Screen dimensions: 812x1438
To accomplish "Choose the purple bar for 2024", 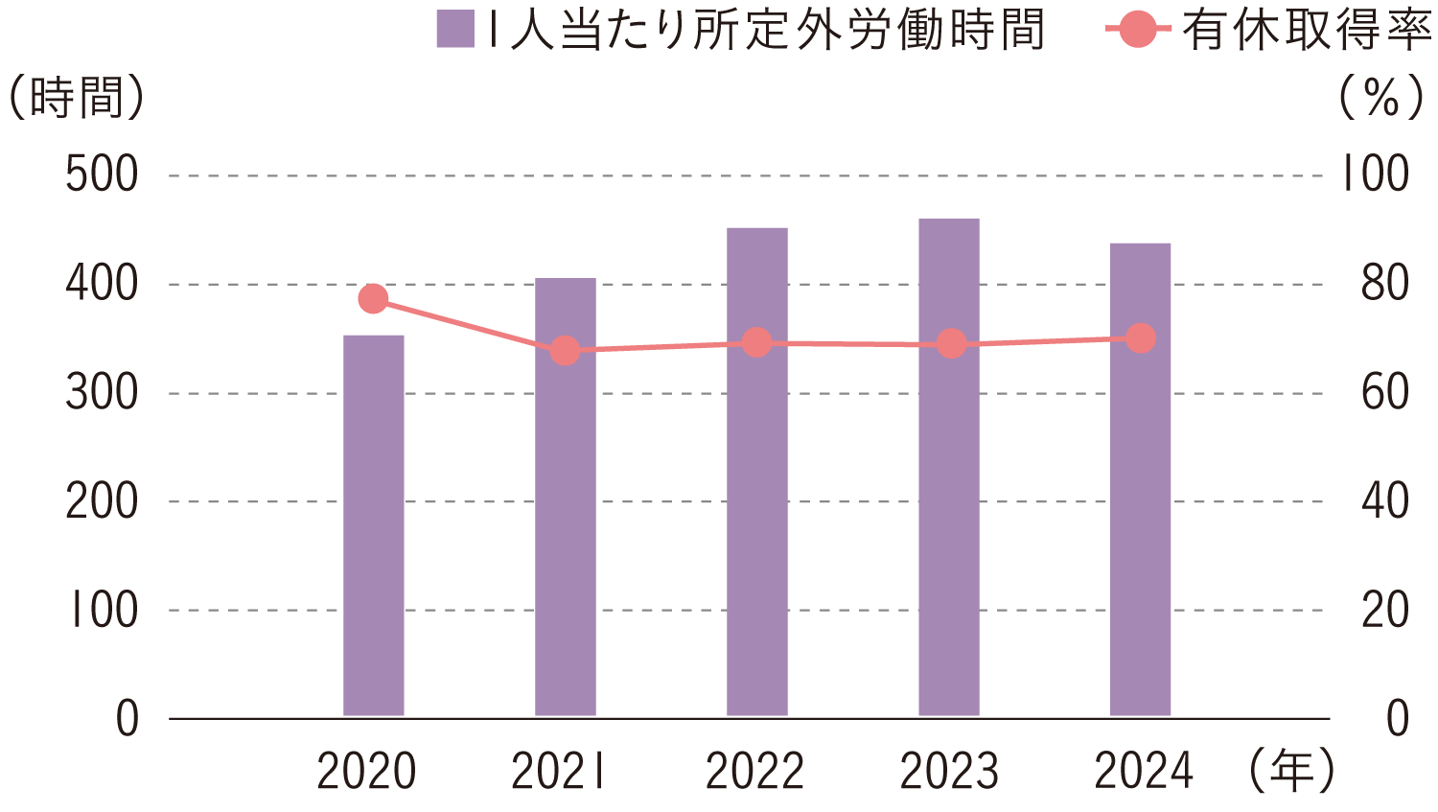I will point(1141,479).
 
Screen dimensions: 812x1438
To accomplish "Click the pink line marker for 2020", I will point(373,299).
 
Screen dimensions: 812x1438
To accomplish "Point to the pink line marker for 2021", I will point(566,351).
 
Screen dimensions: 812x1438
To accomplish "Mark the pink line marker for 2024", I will point(1141,338).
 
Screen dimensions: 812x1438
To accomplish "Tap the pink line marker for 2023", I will point(951,344).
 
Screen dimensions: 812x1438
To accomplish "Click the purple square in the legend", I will point(455,30).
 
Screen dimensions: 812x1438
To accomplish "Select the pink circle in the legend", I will point(1137,30).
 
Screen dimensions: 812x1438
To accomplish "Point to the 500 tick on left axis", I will point(102,175).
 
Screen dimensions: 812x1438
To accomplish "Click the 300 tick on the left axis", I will point(102,393).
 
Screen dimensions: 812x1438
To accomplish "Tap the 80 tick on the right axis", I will point(1384,284).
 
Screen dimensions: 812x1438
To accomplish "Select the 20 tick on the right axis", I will point(1384,610).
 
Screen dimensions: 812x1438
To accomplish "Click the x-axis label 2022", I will point(754,772).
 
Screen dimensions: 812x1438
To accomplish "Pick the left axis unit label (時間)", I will point(77,98).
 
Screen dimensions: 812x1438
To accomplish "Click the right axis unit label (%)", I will point(1381,98).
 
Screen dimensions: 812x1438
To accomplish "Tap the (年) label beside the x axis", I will point(1291,771).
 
